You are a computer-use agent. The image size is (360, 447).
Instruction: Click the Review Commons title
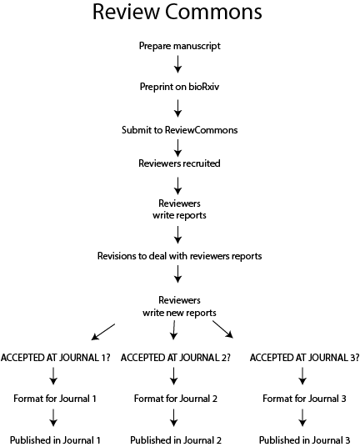177,12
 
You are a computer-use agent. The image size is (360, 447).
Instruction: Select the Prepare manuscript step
180,46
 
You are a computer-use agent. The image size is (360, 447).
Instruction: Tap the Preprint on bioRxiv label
179,87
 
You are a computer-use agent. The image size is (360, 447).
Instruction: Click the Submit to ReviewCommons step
180,130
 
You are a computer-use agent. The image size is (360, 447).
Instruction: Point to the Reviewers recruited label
179,163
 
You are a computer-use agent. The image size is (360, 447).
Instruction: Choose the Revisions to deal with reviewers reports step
179,256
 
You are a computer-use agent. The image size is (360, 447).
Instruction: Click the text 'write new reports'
179,313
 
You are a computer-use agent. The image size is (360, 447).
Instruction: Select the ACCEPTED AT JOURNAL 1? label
56,358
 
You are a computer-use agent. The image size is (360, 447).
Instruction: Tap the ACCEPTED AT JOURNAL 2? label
176,358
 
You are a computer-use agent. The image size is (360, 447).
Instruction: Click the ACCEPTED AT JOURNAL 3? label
304,358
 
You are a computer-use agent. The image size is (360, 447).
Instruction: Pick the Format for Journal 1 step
55,399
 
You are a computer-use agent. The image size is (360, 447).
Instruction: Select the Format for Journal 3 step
304,399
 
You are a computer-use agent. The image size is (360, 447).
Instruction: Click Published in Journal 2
176,439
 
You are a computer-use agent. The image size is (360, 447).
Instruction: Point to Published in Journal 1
55,439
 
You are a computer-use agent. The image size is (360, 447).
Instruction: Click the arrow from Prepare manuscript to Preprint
178,64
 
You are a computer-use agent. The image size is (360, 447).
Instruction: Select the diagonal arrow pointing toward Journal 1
103,332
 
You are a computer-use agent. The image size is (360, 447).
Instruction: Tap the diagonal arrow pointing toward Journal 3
223,329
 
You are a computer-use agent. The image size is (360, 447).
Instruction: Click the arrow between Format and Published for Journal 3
302,418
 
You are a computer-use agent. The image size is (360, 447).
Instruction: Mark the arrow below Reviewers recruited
178,186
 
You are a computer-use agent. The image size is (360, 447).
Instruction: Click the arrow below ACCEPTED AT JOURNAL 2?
173,376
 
